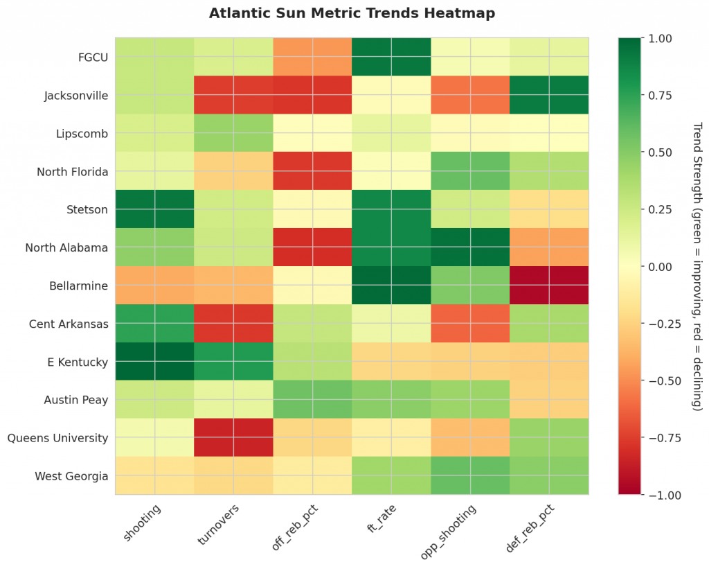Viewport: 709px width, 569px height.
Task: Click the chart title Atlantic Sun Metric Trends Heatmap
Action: coord(352,13)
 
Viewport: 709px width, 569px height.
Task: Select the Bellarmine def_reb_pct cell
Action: coord(550,285)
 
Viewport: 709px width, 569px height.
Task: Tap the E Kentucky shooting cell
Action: coord(154,361)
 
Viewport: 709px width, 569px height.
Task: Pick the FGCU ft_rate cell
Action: coord(391,56)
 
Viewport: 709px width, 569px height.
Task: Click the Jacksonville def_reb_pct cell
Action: coord(550,94)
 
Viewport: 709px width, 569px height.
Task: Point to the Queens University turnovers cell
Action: coord(233,437)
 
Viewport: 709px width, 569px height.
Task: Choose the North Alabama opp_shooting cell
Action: coord(471,247)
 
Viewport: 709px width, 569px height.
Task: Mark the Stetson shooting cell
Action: coord(154,209)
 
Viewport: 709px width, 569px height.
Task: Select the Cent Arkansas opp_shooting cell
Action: coord(471,323)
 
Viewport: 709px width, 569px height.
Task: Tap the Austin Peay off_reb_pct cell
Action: coord(312,399)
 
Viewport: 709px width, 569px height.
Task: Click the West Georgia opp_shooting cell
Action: coord(471,475)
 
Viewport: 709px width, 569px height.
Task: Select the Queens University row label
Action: coord(57,437)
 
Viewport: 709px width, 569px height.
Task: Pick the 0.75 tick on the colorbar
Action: coord(659,95)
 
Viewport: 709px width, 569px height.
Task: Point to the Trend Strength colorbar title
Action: coord(697,266)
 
